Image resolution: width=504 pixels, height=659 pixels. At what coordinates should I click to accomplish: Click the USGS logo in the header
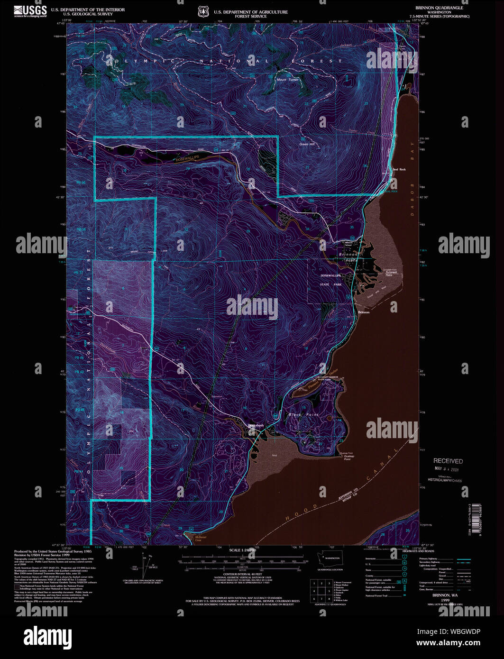click(x=30, y=11)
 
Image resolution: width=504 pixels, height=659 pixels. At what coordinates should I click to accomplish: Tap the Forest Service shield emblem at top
click(x=202, y=11)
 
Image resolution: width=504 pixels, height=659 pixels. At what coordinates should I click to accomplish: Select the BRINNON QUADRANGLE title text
click(x=439, y=8)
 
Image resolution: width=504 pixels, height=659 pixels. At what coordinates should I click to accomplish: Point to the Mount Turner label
click(x=288, y=80)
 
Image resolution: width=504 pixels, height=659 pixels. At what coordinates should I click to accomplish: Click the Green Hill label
click(x=307, y=144)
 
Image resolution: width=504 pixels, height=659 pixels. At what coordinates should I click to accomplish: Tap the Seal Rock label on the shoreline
click(x=399, y=169)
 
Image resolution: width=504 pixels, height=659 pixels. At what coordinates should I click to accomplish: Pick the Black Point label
click(x=303, y=414)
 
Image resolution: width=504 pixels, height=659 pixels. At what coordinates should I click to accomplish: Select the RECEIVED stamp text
click(x=448, y=461)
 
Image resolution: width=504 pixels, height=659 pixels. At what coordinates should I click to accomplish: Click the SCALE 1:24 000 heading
click(x=242, y=550)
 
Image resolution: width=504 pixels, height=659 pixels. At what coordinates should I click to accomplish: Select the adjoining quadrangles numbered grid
click(x=321, y=591)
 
